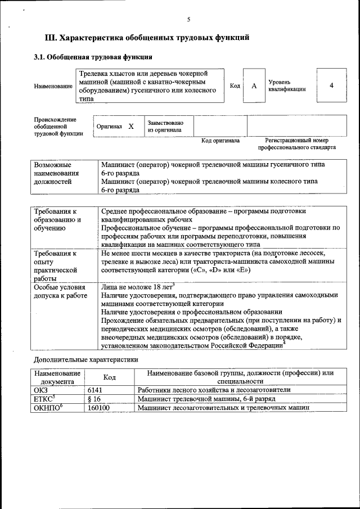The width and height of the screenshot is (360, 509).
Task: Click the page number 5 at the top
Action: point(188,20)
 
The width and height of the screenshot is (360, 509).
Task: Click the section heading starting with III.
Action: point(147,38)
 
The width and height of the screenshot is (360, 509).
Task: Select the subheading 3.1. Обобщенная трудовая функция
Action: point(93,57)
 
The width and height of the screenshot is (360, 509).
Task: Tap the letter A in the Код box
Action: point(254,85)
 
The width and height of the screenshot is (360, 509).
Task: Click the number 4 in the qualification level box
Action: point(331,85)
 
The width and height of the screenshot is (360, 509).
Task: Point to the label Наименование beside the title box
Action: point(53,86)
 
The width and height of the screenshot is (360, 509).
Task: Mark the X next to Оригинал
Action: point(130,127)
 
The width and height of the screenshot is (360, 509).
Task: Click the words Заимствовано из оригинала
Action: point(165,126)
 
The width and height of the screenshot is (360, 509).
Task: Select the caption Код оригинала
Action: point(220,141)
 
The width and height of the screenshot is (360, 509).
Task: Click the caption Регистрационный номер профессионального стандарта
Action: point(296,144)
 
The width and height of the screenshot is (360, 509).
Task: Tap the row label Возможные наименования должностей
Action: point(56,174)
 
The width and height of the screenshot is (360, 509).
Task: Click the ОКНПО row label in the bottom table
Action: point(47,408)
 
